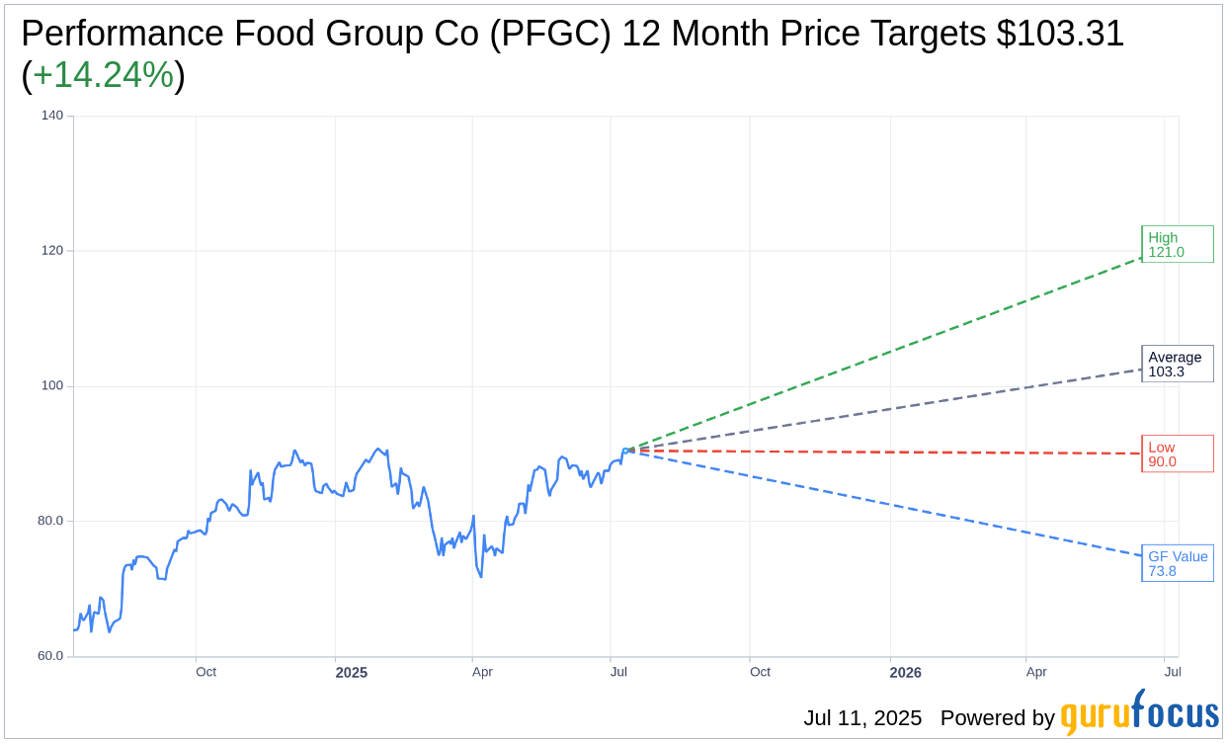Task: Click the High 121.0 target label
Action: [x=1177, y=244]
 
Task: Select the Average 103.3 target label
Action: [x=1177, y=364]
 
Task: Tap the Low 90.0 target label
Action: [x=1177, y=454]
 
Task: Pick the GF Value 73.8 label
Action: [x=1178, y=563]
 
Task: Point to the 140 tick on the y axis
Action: [x=51, y=116]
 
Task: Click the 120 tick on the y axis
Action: [x=51, y=251]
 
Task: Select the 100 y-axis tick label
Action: [x=51, y=386]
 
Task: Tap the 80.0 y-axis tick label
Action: [x=51, y=521]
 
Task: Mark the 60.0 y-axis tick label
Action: [x=51, y=656]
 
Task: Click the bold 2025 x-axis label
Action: [x=351, y=673]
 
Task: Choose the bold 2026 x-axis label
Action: [x=905, y=673]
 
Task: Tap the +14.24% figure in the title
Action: [x=103, y=76]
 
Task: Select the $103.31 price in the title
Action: [x=1060, y=35]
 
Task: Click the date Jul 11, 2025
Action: [x=862, y=718]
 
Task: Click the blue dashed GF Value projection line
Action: [x=889, y=504]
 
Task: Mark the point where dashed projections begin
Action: [x=629, y=451]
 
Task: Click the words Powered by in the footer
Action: [x=997, y=718]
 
